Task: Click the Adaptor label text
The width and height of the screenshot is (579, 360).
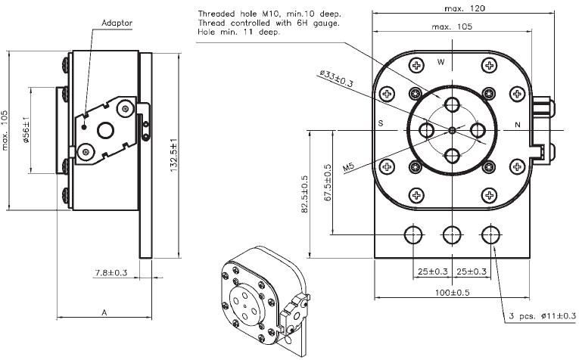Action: [x=117, y=23]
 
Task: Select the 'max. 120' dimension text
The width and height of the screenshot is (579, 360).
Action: [x=465, y=8]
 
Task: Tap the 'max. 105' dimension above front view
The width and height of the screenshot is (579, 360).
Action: [x=452, y=26]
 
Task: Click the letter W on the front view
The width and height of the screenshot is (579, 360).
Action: [x=441, y=62]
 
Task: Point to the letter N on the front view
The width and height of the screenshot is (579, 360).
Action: [x=518, y=125]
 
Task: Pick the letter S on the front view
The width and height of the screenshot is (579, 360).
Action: [x=381, y=123]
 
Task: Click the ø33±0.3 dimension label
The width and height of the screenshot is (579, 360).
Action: [x=336, y=79]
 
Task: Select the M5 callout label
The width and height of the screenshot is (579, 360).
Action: [x=348, y=167]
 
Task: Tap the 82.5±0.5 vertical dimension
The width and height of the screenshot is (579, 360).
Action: [x=305, y=194]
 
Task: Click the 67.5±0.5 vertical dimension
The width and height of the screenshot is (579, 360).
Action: [x=328, y=182]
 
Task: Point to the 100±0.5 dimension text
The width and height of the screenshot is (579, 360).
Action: [x=452, y=293]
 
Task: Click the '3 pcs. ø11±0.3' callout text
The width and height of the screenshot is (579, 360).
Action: [x=542, y=315]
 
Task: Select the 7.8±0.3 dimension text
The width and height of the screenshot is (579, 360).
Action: [x=111, y=272]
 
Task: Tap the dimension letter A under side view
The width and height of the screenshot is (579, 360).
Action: [x=104, y=312]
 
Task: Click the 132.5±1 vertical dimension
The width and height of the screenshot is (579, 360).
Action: [x=174, y=155]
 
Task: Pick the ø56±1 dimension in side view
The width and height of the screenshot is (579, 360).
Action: [x=26, y=130]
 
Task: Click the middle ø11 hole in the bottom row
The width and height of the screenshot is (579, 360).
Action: [x=452, y=234]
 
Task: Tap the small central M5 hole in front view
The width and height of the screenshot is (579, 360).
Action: [x=453, y=130]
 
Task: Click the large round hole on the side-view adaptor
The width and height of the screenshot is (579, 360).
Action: [x=106, y=130]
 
